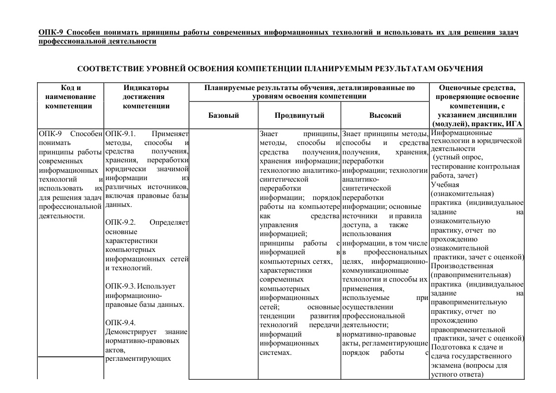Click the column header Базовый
tap(224, 115)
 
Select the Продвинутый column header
tap(299, 115)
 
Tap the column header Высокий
tap(385, 115)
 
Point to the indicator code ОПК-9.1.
tap(121, 134)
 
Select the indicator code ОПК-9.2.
tap(121, 222)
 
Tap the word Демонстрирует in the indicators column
tap(130, 332)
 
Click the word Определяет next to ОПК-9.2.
tap(169, 222)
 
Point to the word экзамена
tap(446, 365)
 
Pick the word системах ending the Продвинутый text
tap(275, 352)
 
